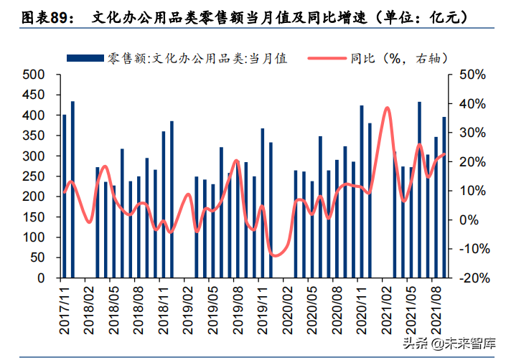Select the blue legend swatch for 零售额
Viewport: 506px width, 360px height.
(x=85, y=58)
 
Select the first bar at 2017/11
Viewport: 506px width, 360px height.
(x=65, y=196)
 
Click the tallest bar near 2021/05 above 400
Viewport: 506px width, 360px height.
(x=419, y=189)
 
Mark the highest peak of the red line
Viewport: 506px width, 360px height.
(x=387, y=108)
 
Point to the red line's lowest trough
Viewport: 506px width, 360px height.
(x=275, y=255)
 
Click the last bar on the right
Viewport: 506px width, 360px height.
(x=444, y=197)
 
